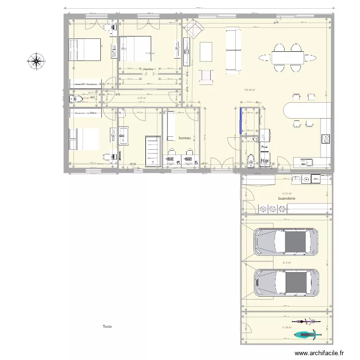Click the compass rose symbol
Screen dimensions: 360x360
36,61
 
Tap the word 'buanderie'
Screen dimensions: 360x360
287,198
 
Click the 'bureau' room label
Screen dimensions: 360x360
185,138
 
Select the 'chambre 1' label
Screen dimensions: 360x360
149,69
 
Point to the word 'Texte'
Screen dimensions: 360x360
107,326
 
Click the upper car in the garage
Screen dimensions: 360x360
286,241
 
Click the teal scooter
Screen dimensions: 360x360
306,333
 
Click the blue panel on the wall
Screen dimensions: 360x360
240,120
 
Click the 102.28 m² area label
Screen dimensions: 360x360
250,90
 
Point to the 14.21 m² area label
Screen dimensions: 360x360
287,193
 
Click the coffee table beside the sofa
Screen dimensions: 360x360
206,51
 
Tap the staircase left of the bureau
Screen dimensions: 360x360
153,151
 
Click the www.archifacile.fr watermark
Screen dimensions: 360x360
320,353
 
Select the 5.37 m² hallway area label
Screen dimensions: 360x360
141,98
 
